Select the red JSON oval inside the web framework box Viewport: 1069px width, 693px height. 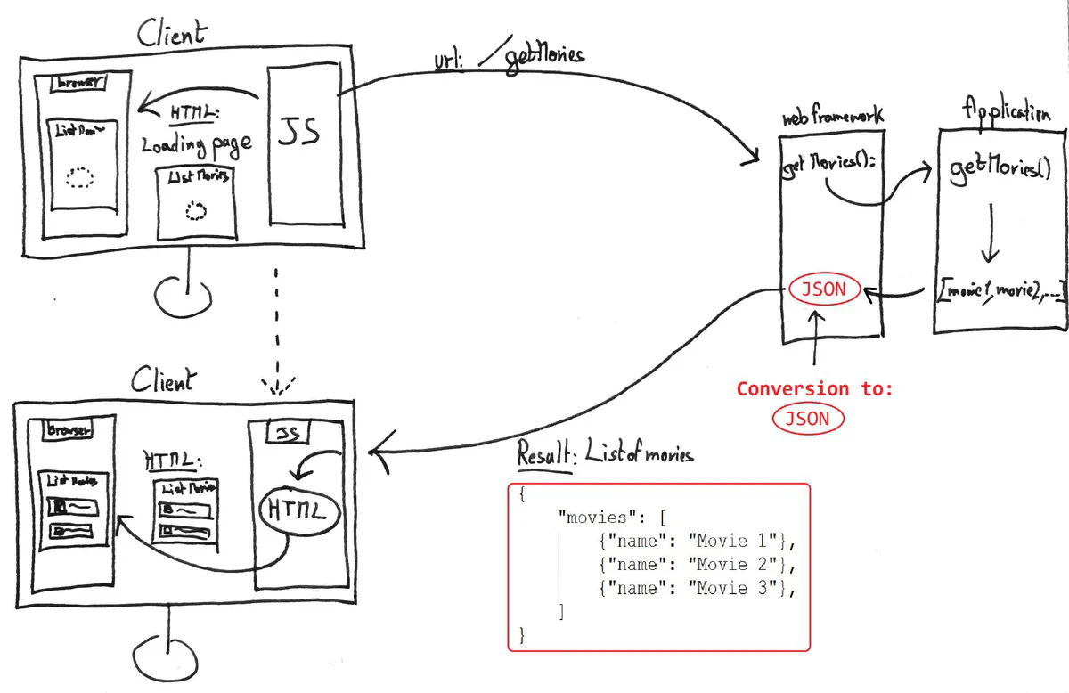point(824,289)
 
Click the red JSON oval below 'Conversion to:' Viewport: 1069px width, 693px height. point(806,418)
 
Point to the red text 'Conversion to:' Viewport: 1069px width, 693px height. point(813,388)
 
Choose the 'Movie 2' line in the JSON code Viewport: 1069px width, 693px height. point(697,564)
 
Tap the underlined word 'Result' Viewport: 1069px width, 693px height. point(545,455)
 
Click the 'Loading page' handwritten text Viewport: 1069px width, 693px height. point(196,143)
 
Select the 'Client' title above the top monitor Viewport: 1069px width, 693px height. point(171,34)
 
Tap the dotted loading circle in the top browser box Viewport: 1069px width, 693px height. point(80,178)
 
